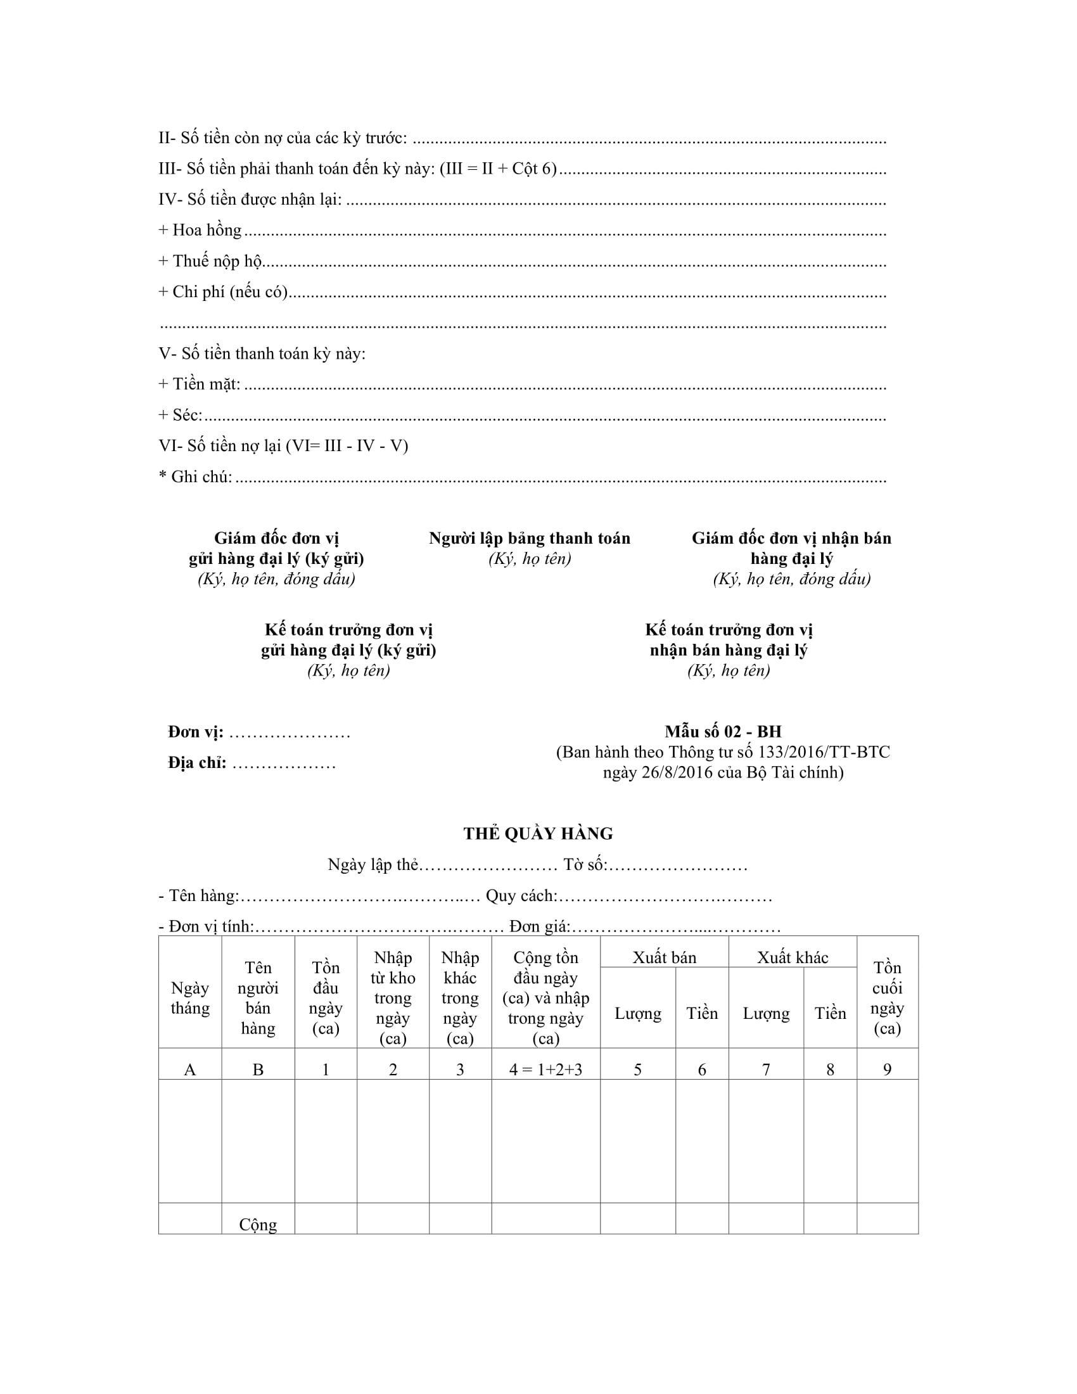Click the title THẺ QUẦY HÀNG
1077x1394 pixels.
tap(538, 834)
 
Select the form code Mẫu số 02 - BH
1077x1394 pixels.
tap(723, 731)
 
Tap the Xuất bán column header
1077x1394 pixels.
tap(664, 957)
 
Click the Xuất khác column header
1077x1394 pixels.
tap(793, 957)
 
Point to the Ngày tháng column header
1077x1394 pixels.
tap(190, 997)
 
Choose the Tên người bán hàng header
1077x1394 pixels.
tap(258, 997)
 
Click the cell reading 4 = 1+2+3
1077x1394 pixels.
tap(545, 1070)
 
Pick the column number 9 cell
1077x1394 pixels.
tap(887, 1070)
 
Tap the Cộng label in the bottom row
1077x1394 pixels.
tap(258, 1224)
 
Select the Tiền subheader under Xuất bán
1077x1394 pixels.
tap(702, 1014)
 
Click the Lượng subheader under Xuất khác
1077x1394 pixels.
tap(766, 1014)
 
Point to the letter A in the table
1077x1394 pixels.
tap(190, 1070)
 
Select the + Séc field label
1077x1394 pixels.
tap(181, 415)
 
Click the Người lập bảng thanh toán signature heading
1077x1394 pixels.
tap(530, 539)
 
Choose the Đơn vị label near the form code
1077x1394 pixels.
tap(196, 732)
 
